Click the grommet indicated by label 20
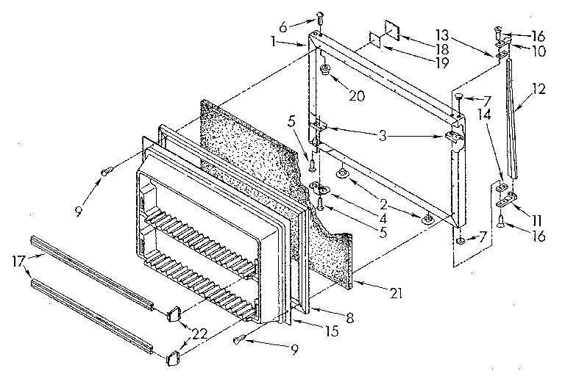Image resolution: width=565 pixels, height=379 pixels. point(324,71)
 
